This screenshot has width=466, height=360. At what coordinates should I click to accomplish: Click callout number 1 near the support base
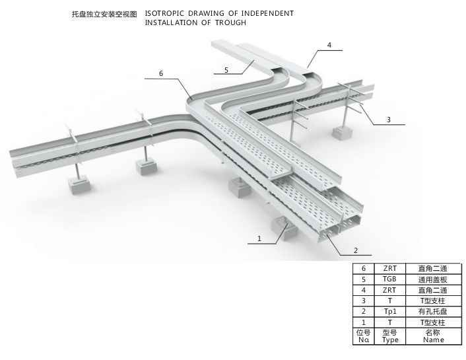click(x=259, y=238)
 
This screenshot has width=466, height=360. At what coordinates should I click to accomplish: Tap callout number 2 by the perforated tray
click(x=356, y=250)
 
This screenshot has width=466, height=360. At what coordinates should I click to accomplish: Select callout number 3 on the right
click(x=389, y=120)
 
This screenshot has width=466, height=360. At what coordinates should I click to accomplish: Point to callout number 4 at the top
click(x=329, y=46)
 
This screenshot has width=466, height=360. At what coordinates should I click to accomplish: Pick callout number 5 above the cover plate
click(x=226, y=69)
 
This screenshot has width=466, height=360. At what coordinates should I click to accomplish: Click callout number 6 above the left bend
click(x=160, y=73)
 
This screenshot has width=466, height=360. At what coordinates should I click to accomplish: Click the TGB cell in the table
click(x=389, y=279)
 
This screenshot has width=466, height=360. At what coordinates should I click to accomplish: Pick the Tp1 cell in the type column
click(x=389, y=311)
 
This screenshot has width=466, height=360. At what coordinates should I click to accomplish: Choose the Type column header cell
click(x=389, y=336)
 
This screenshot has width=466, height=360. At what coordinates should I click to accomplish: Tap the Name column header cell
click(x=433, y=336)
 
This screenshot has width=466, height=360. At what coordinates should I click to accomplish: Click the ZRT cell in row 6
click(x=389, y=268)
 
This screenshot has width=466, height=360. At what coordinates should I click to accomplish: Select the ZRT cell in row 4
click(x=389, y=290)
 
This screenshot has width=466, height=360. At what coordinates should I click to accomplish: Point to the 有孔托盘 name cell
click(x=433, y=311)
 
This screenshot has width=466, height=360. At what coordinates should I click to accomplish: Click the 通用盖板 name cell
click(x=433, y=279)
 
